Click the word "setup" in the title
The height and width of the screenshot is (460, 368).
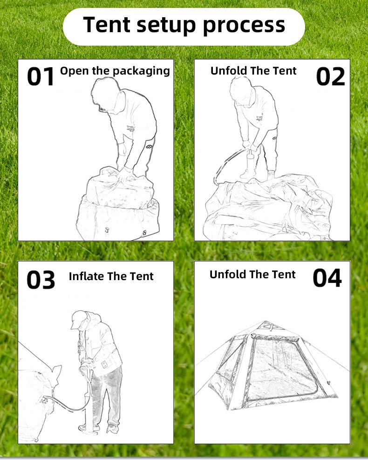[163, 25]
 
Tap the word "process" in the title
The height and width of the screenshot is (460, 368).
[244, 25]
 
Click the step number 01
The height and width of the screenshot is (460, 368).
[41, 76]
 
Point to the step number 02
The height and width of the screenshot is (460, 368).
[330, 76]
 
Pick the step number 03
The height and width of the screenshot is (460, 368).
[41, 279]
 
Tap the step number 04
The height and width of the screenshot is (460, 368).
[327, 278]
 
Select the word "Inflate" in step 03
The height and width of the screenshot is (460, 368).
[86, 276]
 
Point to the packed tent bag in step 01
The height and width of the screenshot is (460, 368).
[119, 205]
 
